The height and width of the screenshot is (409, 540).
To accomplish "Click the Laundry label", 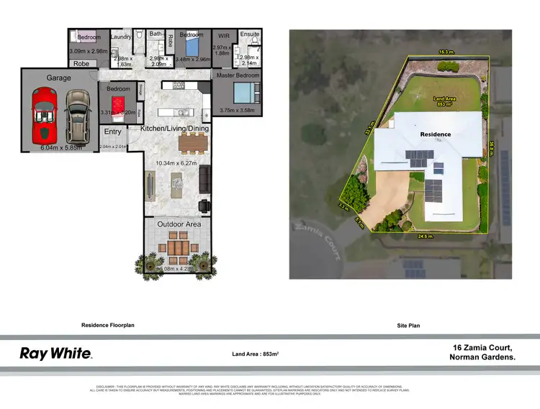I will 122,35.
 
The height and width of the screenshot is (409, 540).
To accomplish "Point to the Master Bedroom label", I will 238,75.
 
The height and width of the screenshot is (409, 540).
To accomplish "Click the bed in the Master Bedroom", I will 243,93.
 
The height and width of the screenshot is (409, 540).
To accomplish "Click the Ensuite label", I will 249,34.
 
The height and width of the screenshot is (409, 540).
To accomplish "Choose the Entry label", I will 113,132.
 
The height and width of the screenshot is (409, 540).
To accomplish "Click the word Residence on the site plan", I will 436,134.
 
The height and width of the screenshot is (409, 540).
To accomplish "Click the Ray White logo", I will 55,353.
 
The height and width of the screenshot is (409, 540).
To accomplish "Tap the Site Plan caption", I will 408,326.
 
